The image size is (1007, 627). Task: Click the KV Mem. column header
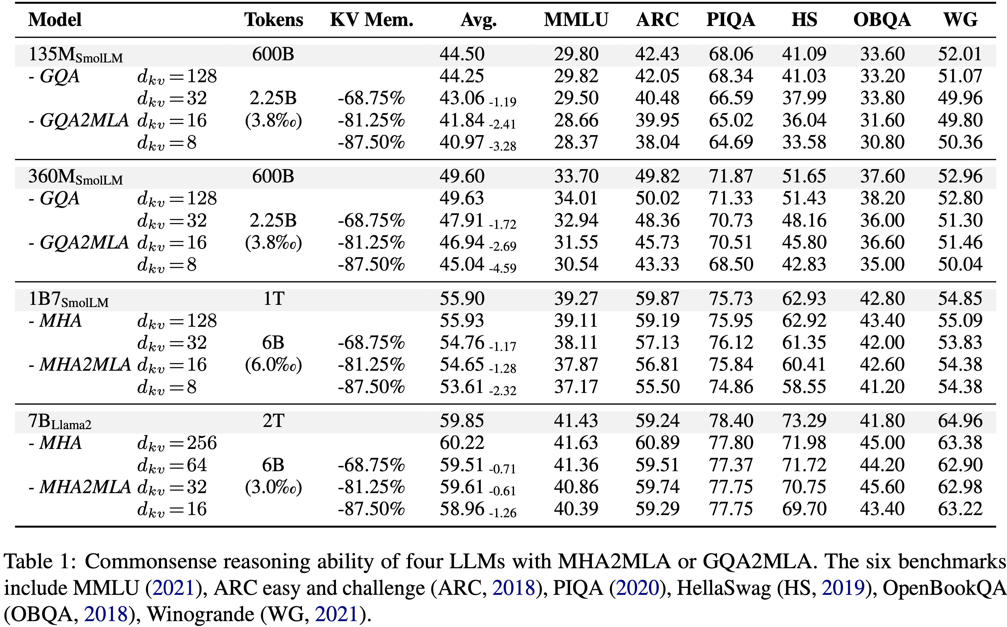coord(372,20)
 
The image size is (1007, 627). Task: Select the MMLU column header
coord(576,20)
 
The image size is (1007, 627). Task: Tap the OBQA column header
coord(882,20)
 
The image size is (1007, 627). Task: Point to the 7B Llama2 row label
coord(60,422)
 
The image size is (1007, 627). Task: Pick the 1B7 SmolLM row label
coord(68,299)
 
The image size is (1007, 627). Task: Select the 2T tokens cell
coord(274,421)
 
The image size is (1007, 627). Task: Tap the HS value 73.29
coord(804,421)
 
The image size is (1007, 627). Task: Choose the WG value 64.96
coord(960,421)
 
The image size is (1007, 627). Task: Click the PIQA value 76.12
coord(730,343)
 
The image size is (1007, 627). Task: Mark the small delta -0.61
coord(503,491)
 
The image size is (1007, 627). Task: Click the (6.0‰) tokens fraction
coord(274,365)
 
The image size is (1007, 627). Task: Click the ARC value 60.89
coord(657,443)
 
